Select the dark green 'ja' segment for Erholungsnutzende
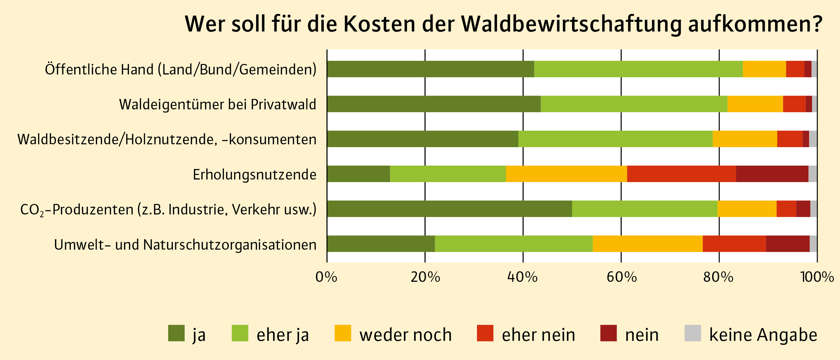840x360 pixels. pyautogui.click(x=358, y=174)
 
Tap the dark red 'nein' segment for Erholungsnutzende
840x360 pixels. pyautogui.click(x=772, y=174)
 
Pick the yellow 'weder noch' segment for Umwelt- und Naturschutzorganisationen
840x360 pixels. pyautogui.click(x=647, y=244)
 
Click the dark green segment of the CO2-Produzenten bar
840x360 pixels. pyautogui.click(x=449, y=209)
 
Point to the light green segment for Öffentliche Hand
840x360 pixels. pyautogui.click(x=638, y=69)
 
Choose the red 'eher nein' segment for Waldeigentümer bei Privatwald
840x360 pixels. pyautogui.click(x=794, y=104)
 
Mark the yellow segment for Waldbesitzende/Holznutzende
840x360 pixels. pyautogui.click(x=745, y=139)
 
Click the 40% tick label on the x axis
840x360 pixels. pyautogui.click(x=523, y=277)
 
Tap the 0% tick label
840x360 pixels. pyautogui.click(x=326, y=277)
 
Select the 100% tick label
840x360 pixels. pyautogui.click(x=817, y=277)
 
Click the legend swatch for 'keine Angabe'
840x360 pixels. pyautogui.click(x=693, y=333)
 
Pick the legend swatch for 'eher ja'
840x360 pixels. pyautogui.click(x=240, y=333)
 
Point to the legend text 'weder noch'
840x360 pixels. pyautogui.click(x=405, y=335)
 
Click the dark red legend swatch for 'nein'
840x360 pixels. pyautogui.click(x=608, y=333)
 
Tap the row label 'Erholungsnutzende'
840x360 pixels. pyautogui.click(x=254, y=175)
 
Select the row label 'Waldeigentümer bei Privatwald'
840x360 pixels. pyautogui.click(x=217, y=105)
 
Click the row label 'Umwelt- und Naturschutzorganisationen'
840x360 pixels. pyautogui.click(x=185, y=245)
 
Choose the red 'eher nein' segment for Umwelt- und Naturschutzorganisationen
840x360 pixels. pyautogui.click(x=734, y=244)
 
